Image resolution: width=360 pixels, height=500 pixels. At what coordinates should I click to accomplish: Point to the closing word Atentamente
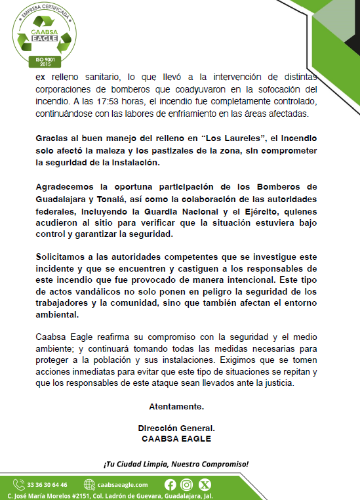click(x=180, y=406)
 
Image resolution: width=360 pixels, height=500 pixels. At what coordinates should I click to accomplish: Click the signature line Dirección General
click(x=180, y=427)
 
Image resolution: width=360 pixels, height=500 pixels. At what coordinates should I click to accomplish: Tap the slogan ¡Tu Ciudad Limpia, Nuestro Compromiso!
click(x=176, y=464)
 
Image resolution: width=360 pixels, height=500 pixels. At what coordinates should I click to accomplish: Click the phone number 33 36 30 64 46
click(x=47, y=485)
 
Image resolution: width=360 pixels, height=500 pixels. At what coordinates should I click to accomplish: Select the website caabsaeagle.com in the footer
click(x=123, y=485)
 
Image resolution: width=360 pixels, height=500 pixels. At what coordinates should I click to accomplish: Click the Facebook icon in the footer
click(x=170, y=484)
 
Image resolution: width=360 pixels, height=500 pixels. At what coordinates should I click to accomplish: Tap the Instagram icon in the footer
click(x=188, y=484)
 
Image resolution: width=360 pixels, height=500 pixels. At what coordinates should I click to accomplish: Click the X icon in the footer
click(x=205, y=484)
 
